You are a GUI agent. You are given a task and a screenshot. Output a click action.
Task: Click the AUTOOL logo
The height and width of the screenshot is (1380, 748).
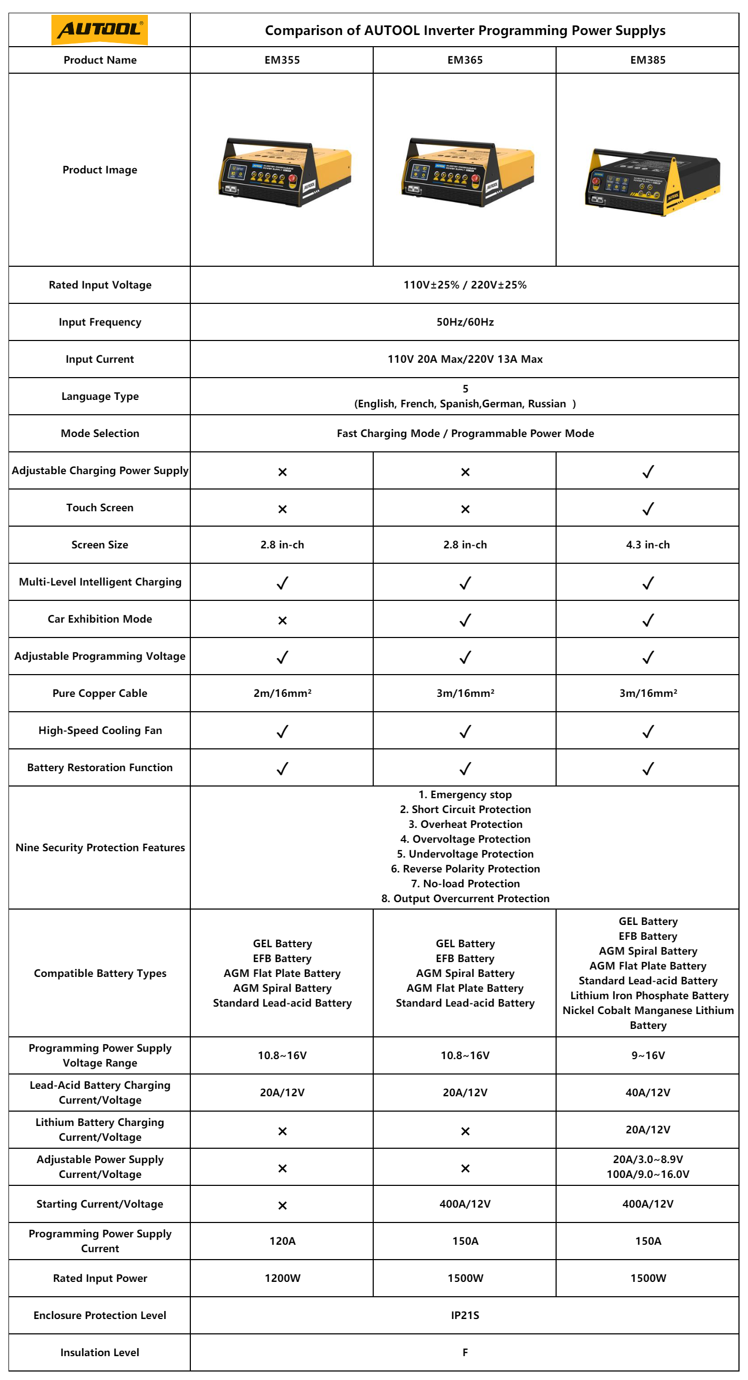100,30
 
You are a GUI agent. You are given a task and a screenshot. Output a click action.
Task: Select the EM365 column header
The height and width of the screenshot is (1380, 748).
465,60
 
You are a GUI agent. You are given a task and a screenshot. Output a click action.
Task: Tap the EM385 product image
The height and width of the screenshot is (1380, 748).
652,181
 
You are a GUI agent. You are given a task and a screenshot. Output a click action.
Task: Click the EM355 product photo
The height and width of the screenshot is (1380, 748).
284,172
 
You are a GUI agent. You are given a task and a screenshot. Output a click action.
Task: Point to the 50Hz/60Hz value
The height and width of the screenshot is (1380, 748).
465,322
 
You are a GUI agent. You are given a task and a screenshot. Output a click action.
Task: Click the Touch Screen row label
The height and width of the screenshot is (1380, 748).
100,508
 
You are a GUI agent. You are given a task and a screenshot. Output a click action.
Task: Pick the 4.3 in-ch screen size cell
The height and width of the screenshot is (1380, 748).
648,545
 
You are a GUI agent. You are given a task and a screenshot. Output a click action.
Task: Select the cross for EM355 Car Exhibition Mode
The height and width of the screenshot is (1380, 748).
282,621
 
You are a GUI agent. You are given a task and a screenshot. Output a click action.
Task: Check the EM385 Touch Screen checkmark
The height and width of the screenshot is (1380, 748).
648,509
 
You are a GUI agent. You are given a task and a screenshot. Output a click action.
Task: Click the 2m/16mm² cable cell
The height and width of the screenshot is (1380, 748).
282,693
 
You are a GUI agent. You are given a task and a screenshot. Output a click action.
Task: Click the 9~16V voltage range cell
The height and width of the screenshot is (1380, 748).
648,1055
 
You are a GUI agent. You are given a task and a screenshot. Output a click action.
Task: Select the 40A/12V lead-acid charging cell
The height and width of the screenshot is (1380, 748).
648,1093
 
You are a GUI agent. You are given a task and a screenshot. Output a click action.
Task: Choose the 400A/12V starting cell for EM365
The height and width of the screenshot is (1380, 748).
465,1204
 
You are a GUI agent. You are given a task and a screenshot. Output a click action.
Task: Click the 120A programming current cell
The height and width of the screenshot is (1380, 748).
282,1241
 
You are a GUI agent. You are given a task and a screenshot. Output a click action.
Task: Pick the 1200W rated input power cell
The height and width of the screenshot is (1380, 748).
282,1278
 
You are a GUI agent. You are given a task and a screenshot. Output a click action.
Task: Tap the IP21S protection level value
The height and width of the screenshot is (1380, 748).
465,1315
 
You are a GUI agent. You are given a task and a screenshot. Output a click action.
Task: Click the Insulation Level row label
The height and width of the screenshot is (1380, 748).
100,1352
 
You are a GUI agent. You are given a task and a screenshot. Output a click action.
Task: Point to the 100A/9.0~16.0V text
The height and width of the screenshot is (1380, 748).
648,1174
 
